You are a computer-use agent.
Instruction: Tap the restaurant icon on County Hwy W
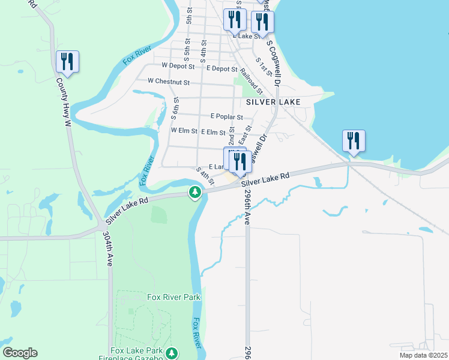(x=67, y=62)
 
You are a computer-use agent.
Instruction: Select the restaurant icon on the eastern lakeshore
(x=353, y=142)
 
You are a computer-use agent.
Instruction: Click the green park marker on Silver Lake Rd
(x=194, y=193)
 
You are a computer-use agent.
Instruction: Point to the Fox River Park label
(x=173, y=297)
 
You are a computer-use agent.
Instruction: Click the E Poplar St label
(x=226, y=117)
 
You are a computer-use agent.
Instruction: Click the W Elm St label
(x=184, y=130)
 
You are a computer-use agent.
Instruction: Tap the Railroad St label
(x=251, y=80)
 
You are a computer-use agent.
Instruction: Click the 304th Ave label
(x=108, y=249)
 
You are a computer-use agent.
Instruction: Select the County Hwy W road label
(x=64, y=102)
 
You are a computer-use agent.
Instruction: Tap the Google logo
(x=20, y=353)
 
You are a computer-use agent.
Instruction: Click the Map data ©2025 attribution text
(x=423, y=355)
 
